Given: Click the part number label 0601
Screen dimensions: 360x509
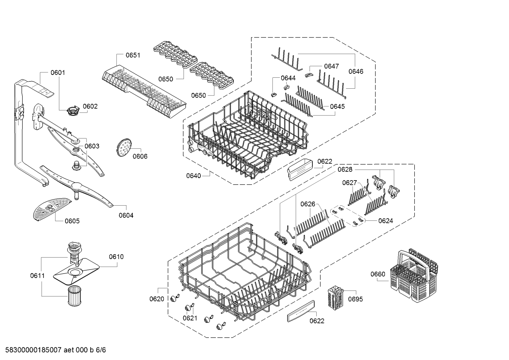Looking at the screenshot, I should [58, 73].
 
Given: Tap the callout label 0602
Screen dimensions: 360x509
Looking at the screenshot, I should [90, 106].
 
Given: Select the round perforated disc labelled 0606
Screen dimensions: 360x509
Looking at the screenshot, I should [123, 148].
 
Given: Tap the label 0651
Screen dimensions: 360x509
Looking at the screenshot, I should [133, 55].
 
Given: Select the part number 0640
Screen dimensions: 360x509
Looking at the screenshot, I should [193, 176].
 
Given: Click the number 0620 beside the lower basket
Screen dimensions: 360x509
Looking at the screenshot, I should [157, 299].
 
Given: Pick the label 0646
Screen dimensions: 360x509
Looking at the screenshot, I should [355, 71].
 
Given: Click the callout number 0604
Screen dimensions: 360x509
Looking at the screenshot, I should [126, 215].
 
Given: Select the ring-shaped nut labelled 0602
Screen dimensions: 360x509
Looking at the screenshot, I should [72, 110].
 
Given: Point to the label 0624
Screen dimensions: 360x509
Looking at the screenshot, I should [385, 221].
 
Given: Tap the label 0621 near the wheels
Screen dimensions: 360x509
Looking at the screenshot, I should [190, 318].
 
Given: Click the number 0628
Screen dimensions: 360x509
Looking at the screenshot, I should [345, 170].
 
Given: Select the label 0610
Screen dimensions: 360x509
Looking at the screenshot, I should [116, 257].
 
